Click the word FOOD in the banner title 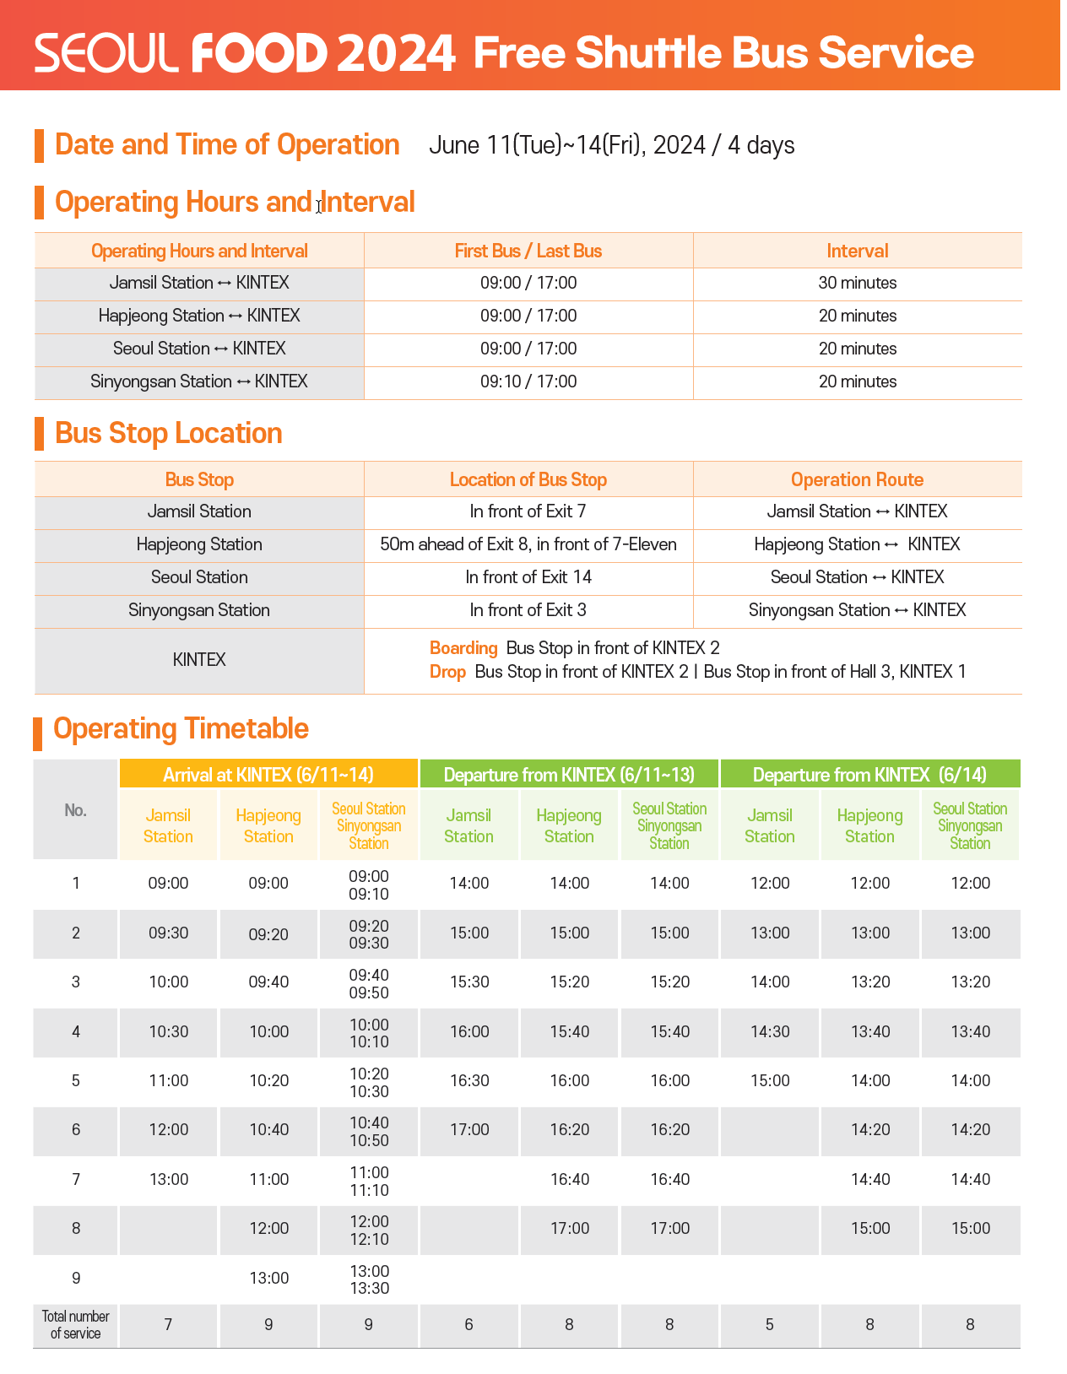pos(259,53)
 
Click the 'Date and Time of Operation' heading pos(226,145)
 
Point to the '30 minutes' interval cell pos(857,283)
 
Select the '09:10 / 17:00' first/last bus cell pos(528,381)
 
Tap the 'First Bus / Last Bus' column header pos(528,251)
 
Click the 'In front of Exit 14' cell pos(528,577)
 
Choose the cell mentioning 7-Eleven pos(528,544)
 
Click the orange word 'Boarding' pos(463,648)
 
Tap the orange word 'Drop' pos(447,672)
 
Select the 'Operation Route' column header pos(857,479)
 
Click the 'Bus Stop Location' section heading pos(168,433)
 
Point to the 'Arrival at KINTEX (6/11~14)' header pos(268,774)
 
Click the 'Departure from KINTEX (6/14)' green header pos(869,774)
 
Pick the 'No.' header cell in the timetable pos(76,810)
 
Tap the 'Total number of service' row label pos(76,1325)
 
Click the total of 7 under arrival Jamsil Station pos(168,1325)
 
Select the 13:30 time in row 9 pos(369,1288)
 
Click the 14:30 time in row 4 pos(770,1031)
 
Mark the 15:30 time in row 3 pos(469,982)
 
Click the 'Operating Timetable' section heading pos(181,729)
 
